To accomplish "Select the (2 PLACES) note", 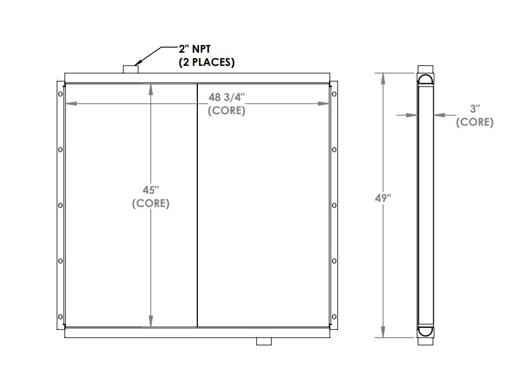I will (x=207, y=63).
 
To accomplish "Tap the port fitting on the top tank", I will (x=130, y=69).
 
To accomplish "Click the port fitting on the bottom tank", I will (x=264, y=341).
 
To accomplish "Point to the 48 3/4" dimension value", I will (x=226, y=98).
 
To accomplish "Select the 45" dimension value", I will (x=150, y=191).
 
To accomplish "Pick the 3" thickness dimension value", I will (x=474, y=109).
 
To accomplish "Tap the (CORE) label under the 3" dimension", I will (x=474, y=122).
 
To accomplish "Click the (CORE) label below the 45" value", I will (x=151, y=204).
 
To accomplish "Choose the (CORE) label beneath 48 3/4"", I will (x=226, y=110).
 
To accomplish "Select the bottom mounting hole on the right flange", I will (x=334, y=316).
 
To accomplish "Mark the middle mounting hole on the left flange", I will (x=60, y=206).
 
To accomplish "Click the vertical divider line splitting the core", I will (x=197, y=220).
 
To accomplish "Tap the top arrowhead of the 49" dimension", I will (x=383, y=75).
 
